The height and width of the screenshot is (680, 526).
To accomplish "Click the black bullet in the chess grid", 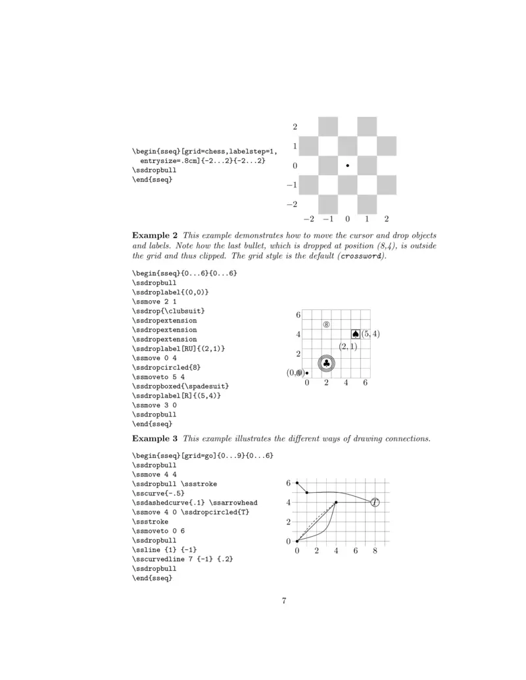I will tap(347, 166).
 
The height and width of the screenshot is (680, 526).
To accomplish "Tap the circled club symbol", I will tap(327, 363).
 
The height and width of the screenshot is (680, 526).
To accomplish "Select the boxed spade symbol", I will tap(356, 334).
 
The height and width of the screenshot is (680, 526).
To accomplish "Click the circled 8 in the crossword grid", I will tap(326, 324).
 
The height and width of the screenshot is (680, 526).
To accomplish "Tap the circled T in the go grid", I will tap(375, 503).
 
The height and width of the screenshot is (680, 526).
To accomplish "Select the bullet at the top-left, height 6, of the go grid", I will tap(297, 483).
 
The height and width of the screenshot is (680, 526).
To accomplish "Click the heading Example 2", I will tap(155, 235).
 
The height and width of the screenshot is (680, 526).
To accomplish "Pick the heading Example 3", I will tap(155, 438).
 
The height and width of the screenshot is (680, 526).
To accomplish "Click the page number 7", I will tap(284, 601).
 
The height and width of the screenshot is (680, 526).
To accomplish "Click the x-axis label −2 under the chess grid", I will tap(308, 218).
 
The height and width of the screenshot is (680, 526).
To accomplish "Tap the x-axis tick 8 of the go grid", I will tap(375, 551).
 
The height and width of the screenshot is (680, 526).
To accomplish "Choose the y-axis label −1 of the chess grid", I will tap(293, 185).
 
